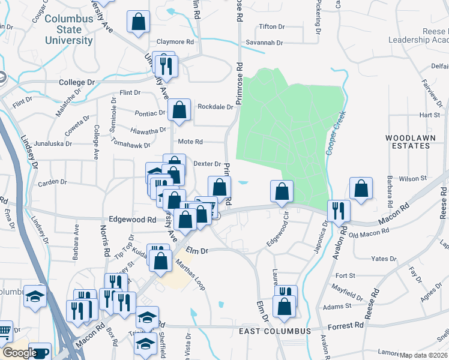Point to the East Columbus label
tap(274, 331)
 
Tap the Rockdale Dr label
tap(215, 107)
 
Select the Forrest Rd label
tap(346, 325)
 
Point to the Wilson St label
tap(412, 178)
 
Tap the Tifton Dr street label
tap(274, 27)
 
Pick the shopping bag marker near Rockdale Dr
tap(179, 110)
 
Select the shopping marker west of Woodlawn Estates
tap(361, 188)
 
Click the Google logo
tap(19, 353)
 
